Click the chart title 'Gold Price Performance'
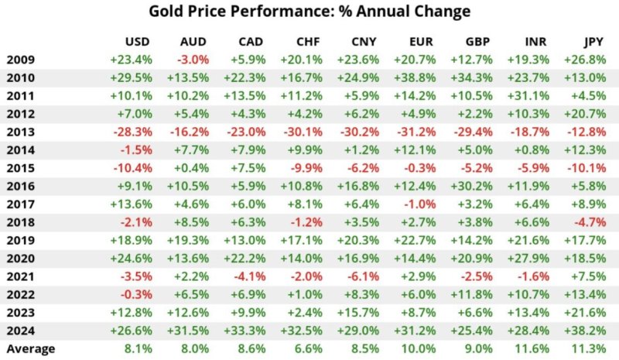309,12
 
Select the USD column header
136,41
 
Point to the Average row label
30,348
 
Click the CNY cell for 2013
360,131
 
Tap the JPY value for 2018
590,221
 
